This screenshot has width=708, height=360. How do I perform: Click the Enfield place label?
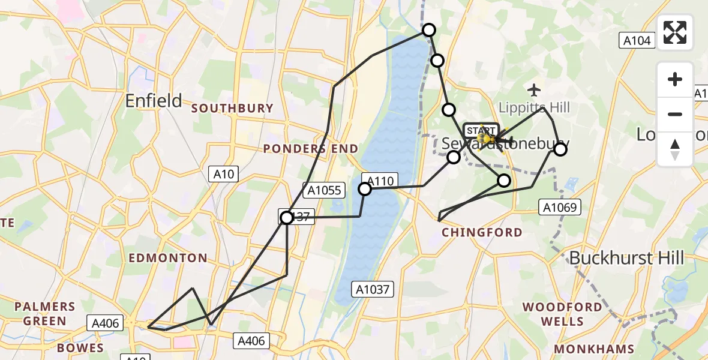coord(154,101)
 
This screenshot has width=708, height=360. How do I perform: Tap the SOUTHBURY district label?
coord(232,109)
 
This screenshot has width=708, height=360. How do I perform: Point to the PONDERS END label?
coord(311,149)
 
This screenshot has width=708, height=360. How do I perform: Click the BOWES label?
coord(80,348)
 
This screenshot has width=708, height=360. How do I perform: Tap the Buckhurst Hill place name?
coord(626,258)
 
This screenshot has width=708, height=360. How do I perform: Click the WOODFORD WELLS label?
coord(562,314)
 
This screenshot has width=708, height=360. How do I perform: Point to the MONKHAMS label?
coord(595,349)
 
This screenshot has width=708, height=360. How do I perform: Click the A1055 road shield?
coord(324,191)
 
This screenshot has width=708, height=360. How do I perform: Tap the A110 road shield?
coord(380,180)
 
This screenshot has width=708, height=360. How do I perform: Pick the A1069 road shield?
coord(559,208)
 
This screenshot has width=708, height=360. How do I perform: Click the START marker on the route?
coord(481,131)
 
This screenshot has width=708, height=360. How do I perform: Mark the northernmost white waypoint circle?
coord(429,30)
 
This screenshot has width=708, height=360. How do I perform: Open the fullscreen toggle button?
coord(675,32)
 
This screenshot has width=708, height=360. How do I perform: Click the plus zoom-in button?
coord(675,79)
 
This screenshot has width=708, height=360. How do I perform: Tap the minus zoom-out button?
coord(675,114)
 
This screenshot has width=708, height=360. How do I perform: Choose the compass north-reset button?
coord(675,149)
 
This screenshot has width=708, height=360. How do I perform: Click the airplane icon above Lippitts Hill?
coord(534,90)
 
